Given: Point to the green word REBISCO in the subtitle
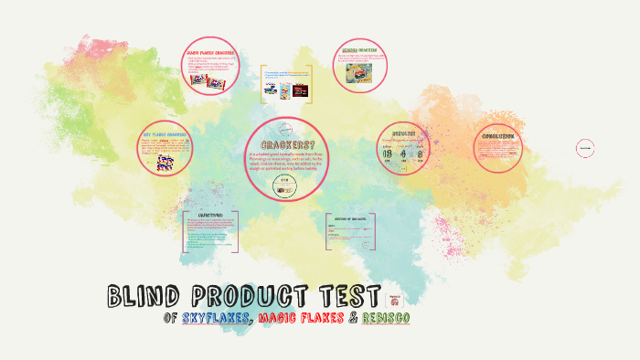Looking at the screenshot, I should [x=384, y=318].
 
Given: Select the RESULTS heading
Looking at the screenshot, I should [x=402, y=133].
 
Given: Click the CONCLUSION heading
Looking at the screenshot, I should [x=499, y=136].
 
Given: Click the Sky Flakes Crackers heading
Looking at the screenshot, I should [x=165, y=133].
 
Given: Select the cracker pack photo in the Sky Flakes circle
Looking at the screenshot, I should [x=165, y=162].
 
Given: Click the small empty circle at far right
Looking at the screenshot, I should [x=585, y=147].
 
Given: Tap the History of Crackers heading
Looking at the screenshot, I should [x=352, y=220].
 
